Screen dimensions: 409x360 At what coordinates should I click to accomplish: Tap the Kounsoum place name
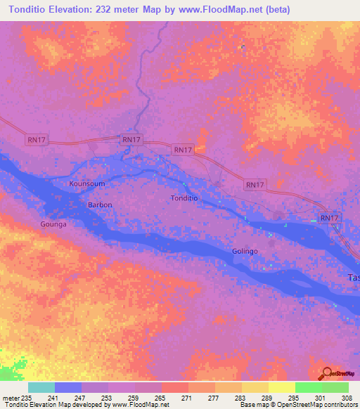pos(87,183)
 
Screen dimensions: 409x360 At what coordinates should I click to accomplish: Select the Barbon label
pos(99,204)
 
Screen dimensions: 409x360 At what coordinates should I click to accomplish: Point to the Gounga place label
pos(53,224)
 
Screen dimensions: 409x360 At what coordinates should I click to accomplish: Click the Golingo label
pos(245,252)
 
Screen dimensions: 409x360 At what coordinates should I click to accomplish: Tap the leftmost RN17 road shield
pos(37,141)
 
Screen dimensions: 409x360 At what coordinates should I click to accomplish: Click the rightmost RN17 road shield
pos(329,219)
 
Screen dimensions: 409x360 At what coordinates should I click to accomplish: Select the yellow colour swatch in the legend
pos(281,387)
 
